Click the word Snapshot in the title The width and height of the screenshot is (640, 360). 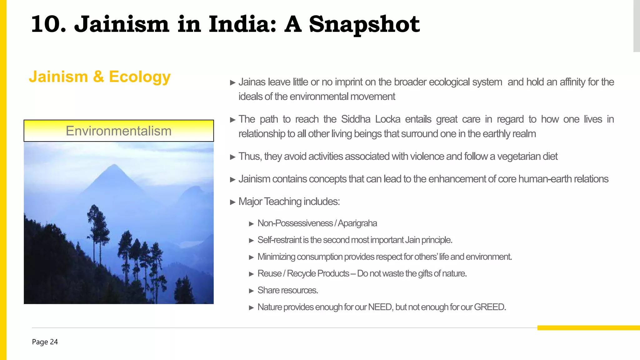pyautogui.click(x=364, y=24)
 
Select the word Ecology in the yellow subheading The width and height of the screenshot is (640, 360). pyautogui.click(x=140, y=77)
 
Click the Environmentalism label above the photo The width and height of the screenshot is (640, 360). pyautogui.click(x=119, y=131)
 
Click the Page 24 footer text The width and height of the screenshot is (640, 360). pyautogui.click(x=45, y=342)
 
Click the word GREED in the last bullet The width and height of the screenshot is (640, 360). pyautogui.click(x=489, y=307)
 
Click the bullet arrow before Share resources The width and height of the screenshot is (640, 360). pyautogui.click(x=251, y=291)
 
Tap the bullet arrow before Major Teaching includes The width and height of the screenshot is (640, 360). pyautogui.click(x=232, y=202)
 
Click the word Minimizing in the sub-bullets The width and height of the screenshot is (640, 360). pyautogui.click(x=276, y=257)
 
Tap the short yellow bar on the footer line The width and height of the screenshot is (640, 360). pyautogui.click(x=588, y=328)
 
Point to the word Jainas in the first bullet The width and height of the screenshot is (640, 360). pyautogui.click(x=252, y=82)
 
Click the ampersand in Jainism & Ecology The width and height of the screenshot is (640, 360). pyautogui.click(x=98, y=77)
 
